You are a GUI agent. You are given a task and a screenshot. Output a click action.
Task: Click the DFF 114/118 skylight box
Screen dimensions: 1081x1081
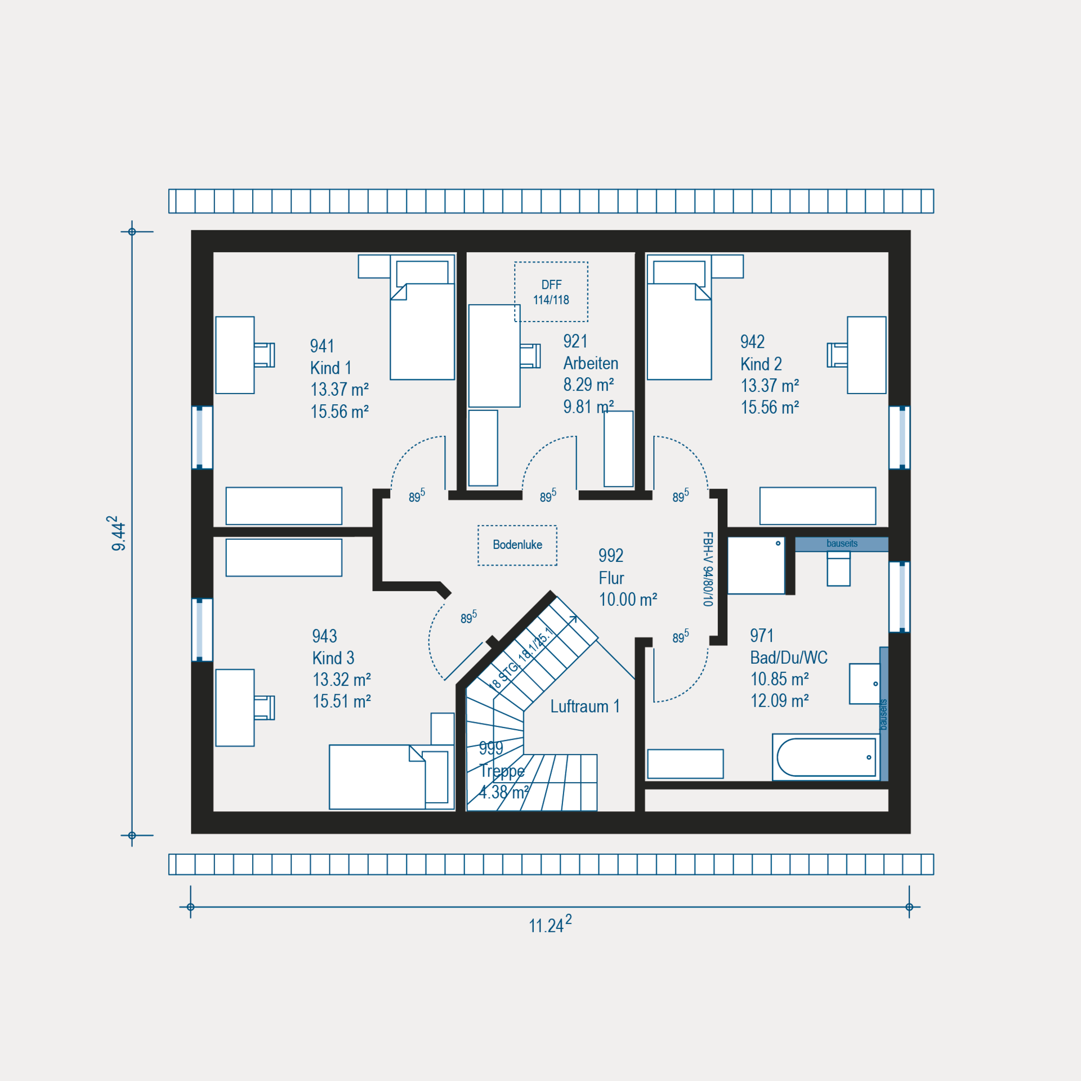pyautogui.click(x=551, y=292)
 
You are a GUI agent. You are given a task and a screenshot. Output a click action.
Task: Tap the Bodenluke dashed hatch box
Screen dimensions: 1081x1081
pyautogui.click(x=517, y=545)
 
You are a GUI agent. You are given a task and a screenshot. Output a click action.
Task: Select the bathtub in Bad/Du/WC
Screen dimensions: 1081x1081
pyautogui.click(x=826, y=757)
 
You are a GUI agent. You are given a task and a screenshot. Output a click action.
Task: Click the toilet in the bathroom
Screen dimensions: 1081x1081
pyautogui.click(x=838, y=569)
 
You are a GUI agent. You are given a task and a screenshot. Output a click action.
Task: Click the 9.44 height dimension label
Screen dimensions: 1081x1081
pyautogui.click(x=118, y=533)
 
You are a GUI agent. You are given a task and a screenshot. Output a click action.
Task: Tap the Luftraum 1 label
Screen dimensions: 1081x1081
pyautogui.click(x=585, y=706)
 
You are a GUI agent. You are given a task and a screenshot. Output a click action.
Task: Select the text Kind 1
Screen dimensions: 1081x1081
pyautogui.click(x=330, y=368)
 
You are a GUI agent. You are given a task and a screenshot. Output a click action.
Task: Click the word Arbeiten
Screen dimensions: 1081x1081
pyautogui.click(x=591, y=363)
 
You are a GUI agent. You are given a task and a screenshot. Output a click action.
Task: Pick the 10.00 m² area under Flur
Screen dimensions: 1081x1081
pyautogui.click(x=628, y=599)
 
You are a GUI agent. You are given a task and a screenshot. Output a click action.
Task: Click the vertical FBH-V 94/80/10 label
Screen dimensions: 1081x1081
pyautogui.click(x=708, y=569)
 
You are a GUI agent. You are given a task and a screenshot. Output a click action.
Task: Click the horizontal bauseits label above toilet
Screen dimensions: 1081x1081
pyautogui.click(x=842, y=543)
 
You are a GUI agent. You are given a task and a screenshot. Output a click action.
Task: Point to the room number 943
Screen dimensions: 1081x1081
pyautogui.click(x=324, y=636)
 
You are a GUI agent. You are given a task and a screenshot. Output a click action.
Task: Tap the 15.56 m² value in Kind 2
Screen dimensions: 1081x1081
pyautogui.click(x=770, y=407)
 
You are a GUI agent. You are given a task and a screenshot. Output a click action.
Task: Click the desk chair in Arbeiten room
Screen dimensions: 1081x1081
pyautogui.click(x=530, y=355)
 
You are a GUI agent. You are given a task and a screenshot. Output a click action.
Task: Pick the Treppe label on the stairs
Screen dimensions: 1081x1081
pyautogui.click(x=502, y=771)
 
